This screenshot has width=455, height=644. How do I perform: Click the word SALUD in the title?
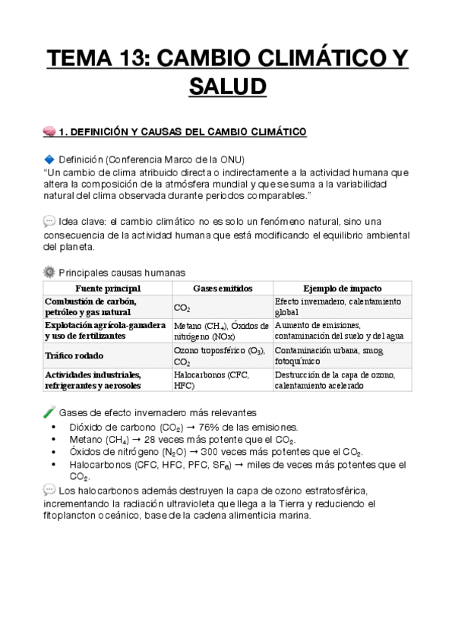(227, 84)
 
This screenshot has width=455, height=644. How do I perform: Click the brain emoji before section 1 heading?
(50, 133)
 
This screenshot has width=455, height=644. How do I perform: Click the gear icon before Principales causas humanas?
(50, 271)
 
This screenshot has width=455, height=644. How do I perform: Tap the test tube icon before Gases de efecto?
(50, 412)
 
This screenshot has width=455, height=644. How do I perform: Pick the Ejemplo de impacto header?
(342, 289)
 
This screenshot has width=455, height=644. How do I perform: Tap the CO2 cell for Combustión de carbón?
(182, 308)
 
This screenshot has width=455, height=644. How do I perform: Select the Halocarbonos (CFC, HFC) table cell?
(201, 380)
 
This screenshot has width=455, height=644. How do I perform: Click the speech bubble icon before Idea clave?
(50, 221)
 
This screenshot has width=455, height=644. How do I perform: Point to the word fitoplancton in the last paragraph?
(75, 516)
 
